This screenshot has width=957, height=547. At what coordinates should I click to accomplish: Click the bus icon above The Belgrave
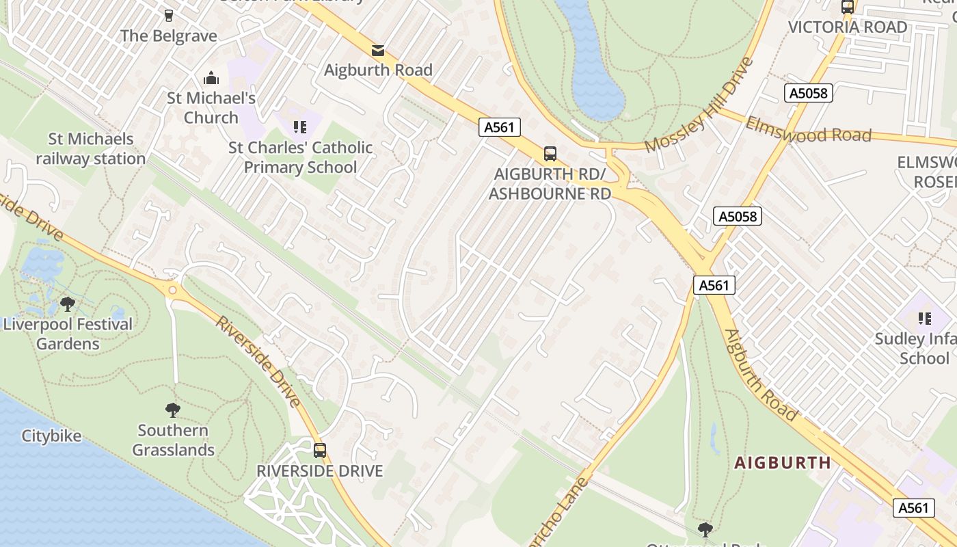[x=168, y=14]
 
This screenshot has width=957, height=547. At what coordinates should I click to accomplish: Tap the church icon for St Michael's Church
[x=211, y=78]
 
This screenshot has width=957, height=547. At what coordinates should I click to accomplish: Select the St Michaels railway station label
[x=90, y=149]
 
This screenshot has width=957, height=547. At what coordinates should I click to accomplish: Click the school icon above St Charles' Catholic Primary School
[x=299, y=126]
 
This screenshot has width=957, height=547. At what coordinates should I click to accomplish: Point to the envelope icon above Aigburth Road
[x=377, y=50]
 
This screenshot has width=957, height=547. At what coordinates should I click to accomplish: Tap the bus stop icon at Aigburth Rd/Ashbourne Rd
[x=550, y=153]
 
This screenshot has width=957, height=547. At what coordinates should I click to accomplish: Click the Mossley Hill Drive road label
[x=698, y=105]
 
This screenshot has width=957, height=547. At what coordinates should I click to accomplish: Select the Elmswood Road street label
[x=808, y=130]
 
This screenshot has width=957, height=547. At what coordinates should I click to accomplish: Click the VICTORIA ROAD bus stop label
[x=848, y=27]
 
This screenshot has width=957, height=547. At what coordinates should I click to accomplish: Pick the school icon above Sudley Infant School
[x=924, y=318]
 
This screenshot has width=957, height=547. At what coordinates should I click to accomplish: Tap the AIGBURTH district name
[x=783, y=463]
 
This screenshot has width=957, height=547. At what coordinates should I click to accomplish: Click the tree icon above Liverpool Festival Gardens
[x=67, y=304]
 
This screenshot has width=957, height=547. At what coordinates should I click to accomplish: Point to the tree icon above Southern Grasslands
[x=173, y=410]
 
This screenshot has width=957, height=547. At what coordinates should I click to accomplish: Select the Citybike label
[x=51, y=436]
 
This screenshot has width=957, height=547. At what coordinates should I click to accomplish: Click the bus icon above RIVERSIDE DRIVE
[x=319, y=450]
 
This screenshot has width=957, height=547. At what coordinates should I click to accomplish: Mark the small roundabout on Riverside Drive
[x=172, y=290]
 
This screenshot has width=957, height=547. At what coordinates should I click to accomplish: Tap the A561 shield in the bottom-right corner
[x=913, y=507]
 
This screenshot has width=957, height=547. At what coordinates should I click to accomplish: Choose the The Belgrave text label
[x=169, y=36]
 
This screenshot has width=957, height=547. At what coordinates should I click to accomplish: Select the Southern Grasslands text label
[x=173, y=440]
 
